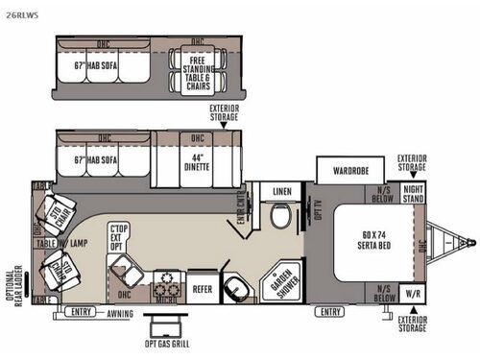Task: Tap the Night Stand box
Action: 412,194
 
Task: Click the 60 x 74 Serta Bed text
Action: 369,235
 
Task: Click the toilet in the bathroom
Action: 280,219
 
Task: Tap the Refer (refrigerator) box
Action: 202,287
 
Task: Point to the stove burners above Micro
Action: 169,284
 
